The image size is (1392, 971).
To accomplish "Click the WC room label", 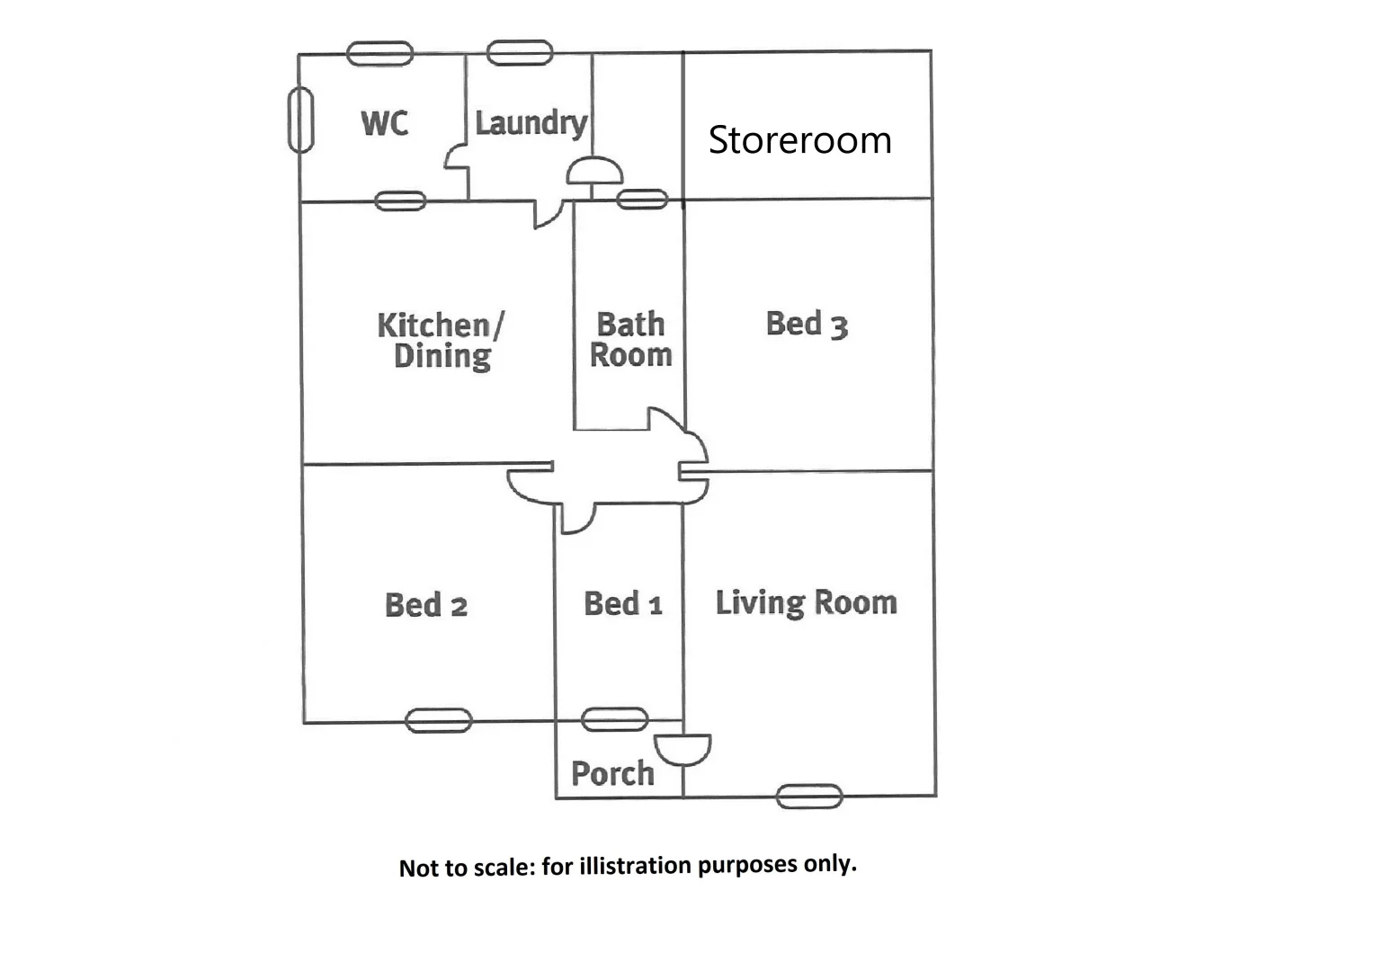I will tap(384, 123).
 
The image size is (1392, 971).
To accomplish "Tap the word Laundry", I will tap(531, 123).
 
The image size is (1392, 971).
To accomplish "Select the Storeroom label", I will tap(799, 140).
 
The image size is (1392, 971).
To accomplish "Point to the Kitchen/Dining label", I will tap(441, 340).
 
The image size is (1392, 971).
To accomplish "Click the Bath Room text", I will tap(630, 340).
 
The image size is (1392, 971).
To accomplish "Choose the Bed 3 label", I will tap(807, 324).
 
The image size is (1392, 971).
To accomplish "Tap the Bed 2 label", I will tap(425, 605).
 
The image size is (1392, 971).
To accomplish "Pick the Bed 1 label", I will tap(622, 603).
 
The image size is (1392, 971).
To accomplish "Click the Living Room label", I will tap(806, 602).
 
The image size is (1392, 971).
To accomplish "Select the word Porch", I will tap(612, 773).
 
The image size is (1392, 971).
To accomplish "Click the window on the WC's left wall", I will tap(300, 120).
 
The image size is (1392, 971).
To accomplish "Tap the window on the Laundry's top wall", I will tap(520, 53).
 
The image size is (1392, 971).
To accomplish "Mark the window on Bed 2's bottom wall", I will tap(439, 720).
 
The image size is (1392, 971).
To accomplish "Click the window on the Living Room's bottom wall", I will tap(809, 796).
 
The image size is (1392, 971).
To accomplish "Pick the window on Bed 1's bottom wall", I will tap(615, 719).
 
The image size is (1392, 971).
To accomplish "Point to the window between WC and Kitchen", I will tap(400, 200).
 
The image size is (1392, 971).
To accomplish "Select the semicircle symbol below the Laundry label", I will tap(594, 171).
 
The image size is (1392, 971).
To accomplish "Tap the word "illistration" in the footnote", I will tap(636, 866).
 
